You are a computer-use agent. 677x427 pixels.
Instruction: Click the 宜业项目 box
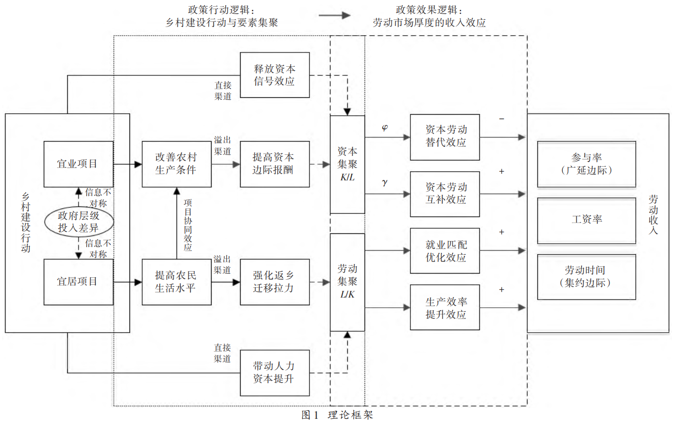point(79,164)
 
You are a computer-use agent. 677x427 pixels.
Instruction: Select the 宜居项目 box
point(79,282)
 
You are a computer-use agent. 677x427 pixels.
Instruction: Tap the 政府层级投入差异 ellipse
point(78,223)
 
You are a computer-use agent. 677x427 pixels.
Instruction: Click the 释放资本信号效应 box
point(275,75)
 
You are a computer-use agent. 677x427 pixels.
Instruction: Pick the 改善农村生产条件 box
point(176,164)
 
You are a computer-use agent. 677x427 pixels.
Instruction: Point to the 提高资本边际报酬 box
point(275,164)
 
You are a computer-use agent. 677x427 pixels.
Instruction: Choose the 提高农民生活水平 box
point(176,282)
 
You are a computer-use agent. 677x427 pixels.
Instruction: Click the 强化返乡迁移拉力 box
point(275,282)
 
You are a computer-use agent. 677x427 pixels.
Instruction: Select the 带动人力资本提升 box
point(275,372)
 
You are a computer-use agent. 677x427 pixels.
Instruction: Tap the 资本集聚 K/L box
point(348,164)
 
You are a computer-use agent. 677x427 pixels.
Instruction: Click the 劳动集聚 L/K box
point(348,282)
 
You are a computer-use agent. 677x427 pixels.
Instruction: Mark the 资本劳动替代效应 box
point(445,137)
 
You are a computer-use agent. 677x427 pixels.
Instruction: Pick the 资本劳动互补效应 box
point(445,194)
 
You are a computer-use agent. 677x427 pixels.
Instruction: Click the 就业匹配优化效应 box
point(445,251)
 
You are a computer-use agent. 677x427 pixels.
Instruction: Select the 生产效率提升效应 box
point(445,308)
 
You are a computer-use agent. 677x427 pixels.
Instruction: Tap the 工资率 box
point(586,220)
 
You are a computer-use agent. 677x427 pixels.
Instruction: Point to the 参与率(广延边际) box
point(586,164)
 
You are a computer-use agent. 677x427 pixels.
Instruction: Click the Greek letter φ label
point(384,127)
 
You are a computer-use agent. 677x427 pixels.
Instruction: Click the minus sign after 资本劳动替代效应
point(502,119)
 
